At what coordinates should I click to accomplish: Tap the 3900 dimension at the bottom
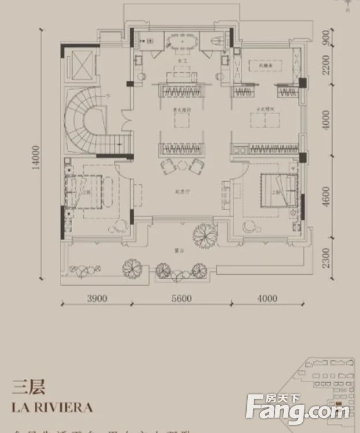coord(97,298)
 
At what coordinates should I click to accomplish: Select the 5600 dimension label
coord(181,298)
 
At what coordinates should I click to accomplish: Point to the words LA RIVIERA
coord(52,407)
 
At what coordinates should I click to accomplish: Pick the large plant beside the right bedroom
coord(205,234)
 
